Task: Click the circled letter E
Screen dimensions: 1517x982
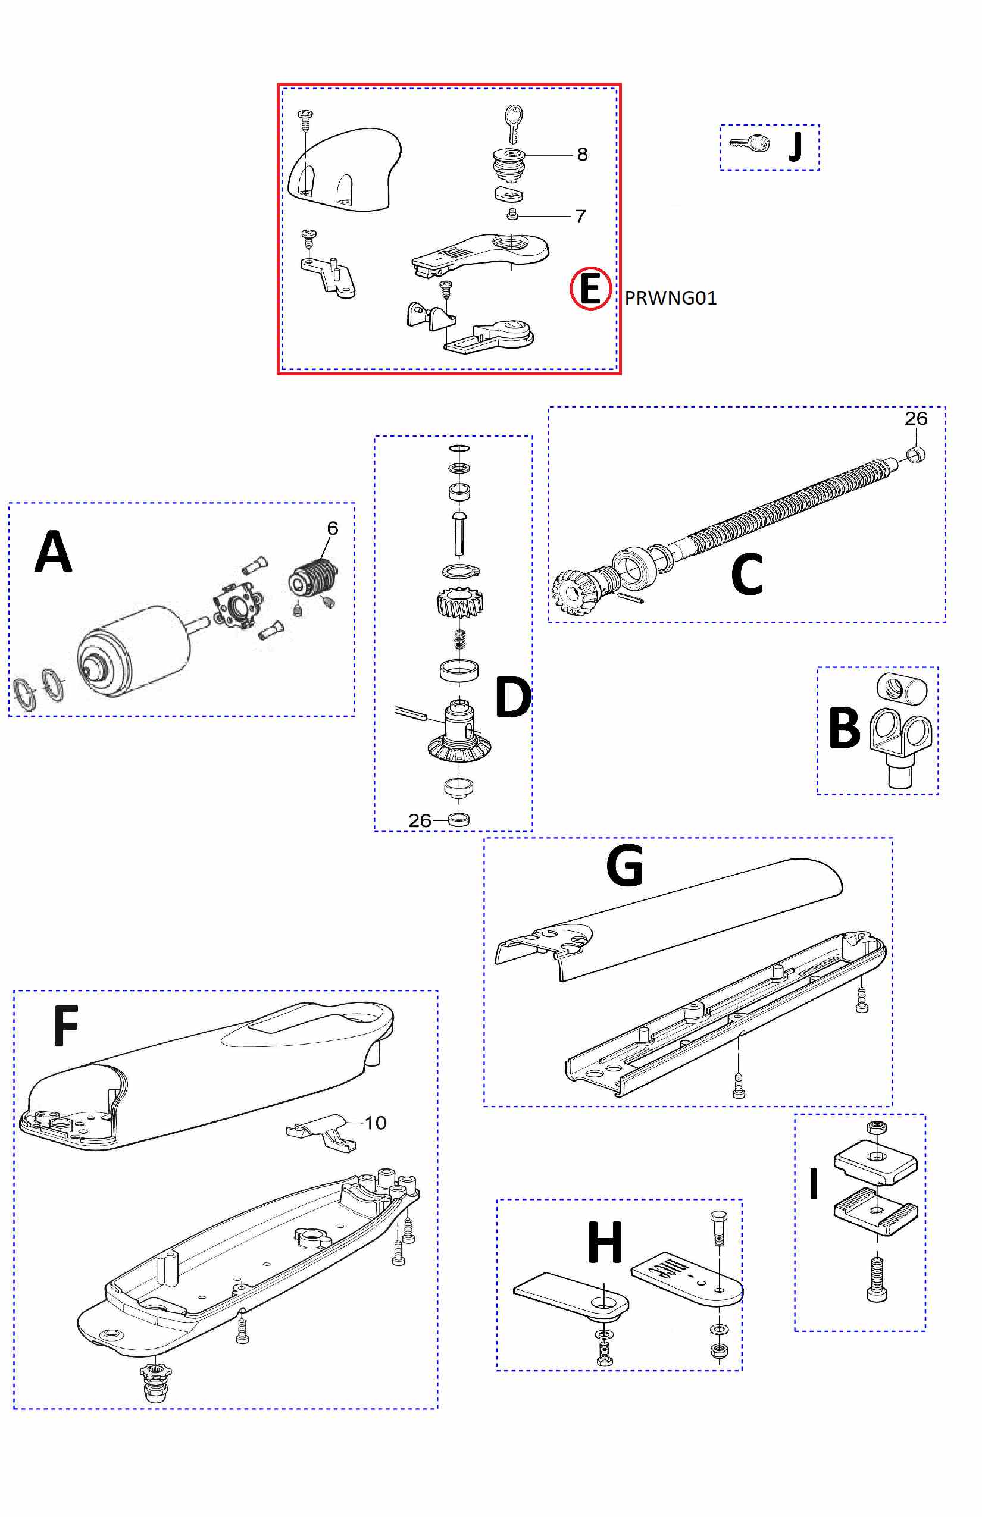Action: [590, 288]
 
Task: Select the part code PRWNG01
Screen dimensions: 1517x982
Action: [670, 297]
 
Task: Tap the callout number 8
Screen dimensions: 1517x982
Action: [582, 154]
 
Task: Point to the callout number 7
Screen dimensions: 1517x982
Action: [580, 217]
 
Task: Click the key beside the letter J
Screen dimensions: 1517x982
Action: [750, 143]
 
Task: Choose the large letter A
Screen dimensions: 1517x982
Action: [54, 551]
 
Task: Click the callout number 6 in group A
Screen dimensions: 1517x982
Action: [332, 528]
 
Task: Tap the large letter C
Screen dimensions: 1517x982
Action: [747, 573]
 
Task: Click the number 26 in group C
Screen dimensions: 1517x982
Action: [916, 419]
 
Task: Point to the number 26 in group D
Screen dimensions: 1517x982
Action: [420, 820]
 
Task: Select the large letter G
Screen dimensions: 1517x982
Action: [625, 865]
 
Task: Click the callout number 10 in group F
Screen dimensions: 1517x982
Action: [375, 1123]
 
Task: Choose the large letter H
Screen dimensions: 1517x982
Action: [605, 1242]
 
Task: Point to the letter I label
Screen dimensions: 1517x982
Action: [813, 1184]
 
